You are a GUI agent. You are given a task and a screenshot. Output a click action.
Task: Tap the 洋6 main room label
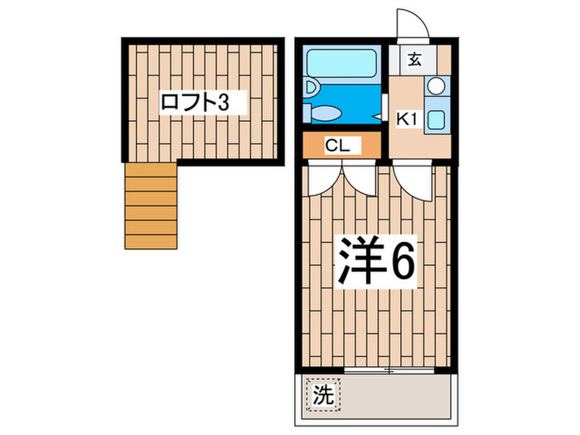click(374, 263)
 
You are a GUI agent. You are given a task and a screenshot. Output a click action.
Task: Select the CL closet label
click(338, 146)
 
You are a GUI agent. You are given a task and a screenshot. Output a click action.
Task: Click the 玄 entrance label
click(413, 59)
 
